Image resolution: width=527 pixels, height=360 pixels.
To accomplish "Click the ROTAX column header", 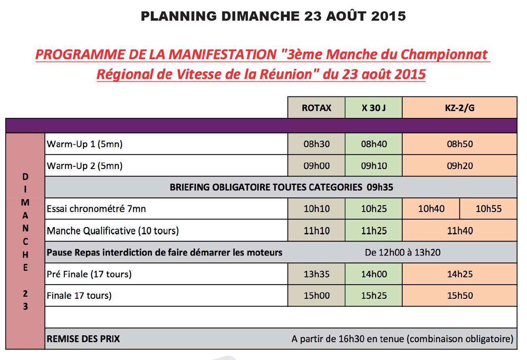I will [x=316, y=108].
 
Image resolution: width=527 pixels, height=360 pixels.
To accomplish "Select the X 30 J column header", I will [x=373, y=108].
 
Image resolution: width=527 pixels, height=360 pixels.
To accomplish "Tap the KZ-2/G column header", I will [x=459, y=108].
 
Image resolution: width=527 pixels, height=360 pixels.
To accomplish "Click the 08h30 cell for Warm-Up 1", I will [x=316, y=144].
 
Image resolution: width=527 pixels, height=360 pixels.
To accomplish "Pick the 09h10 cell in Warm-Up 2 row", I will [x=373, y=166].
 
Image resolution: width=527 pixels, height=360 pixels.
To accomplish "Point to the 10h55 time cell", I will [x=488, y=209].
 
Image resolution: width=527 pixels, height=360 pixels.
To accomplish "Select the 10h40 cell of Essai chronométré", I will [x=431, y=209].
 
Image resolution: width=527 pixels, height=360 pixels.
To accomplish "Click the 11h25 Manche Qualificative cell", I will [x=373, y=231].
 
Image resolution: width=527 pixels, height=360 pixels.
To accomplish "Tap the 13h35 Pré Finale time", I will [x=316, y=274].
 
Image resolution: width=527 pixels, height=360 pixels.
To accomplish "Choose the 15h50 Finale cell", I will [x=459, y=296].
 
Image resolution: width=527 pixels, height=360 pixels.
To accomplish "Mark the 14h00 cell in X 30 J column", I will [x=373, y=274].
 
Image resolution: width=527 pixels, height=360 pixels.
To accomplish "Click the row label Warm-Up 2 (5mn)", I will [x=85, y=166].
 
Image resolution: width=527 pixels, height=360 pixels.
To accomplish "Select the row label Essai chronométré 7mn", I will [x=96, y=209].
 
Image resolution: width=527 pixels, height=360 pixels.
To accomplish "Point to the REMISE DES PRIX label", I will [x=83, y=339].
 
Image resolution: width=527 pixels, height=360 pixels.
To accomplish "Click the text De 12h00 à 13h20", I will [x=403, y=253].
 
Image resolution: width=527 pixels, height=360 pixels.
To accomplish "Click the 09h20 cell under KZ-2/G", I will [x=459, y=166].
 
